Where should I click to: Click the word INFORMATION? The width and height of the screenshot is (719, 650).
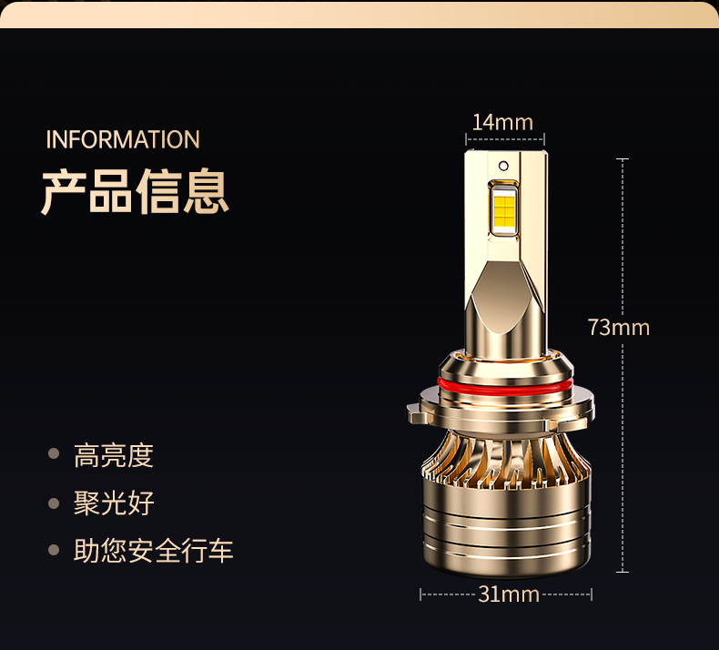pos(123,139)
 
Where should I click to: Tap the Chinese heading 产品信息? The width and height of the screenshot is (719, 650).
pos(135,191)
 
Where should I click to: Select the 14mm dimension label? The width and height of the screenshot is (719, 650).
pos(502,123)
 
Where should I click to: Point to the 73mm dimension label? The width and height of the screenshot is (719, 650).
pos(619,328)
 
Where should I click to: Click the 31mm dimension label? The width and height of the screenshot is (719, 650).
pos(509,594)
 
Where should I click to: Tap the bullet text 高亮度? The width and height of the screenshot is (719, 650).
pos(113,455)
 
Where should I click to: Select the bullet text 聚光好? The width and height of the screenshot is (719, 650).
pos(113,503)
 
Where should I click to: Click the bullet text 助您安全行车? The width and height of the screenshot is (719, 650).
pos(153,551)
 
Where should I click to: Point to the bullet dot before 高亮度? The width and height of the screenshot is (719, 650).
pos(54,453)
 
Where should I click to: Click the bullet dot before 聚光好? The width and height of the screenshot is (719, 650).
pos(54,503)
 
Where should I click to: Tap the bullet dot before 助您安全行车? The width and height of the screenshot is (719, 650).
pos(54,550)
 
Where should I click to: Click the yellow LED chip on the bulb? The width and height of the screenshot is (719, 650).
pos(504,210)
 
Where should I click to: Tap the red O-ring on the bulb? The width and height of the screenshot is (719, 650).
pos(505,388)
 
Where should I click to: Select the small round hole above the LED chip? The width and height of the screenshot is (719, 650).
pos(503,165)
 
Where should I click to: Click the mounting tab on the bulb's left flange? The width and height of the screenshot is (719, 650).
pos(418,413)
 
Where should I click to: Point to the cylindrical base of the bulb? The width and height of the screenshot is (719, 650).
pos(506,526)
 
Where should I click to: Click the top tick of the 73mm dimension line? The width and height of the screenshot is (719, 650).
pos(623,159)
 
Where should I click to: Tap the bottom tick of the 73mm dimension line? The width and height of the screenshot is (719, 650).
pos(623,572)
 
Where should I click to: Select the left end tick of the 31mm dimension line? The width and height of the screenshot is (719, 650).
pos(420,594)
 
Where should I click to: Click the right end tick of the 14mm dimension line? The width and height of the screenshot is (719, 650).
pos(544,139)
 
